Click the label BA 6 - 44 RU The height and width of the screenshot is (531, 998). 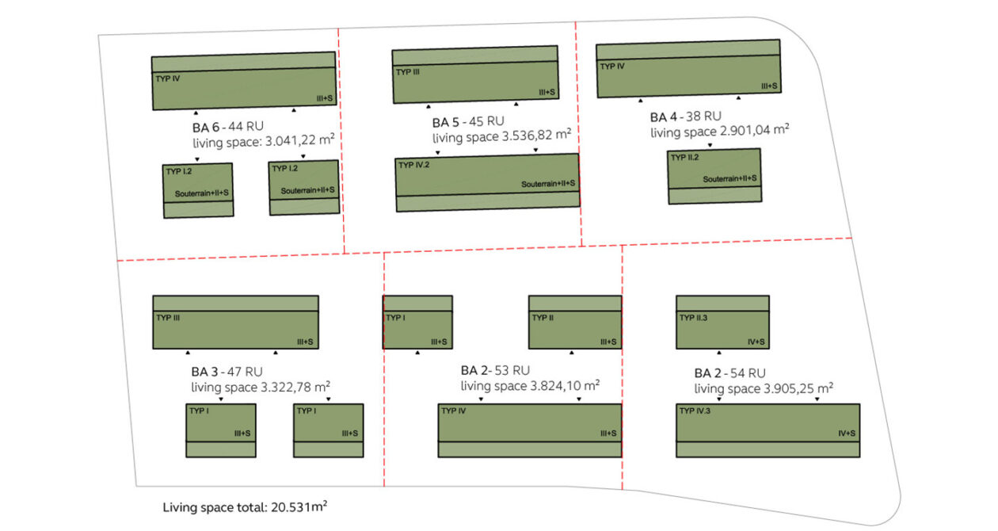tap(228, 127)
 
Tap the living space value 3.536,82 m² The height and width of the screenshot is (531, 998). tap(536, 135)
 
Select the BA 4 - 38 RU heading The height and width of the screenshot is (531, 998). tap(686, 117)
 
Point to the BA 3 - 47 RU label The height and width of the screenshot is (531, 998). tap(227, 372)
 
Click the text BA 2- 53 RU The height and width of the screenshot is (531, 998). tap(496, 370)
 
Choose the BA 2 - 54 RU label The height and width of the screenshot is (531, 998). tap(729, 373)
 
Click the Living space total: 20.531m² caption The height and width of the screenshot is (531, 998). tap(245, 507)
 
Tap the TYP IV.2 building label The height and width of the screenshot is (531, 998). tap(414, 165)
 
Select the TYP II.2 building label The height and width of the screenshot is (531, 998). tap(685, 158)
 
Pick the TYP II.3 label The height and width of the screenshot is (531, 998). tap(693, 318)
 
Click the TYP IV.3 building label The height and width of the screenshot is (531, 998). tap(695, 411)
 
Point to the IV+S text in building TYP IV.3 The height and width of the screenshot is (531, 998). tap(847, 434)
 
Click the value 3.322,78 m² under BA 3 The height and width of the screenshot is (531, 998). tap(295, 387)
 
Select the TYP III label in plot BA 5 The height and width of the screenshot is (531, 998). tap(408, 72)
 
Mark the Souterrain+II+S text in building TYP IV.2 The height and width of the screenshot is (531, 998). tap(548, 184)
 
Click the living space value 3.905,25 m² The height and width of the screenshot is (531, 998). tap(798, 388)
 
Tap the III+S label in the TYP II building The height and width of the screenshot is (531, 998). tap(608, 342)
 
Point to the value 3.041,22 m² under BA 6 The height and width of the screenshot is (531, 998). tap(300, 140)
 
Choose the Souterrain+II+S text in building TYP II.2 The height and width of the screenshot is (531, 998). tap(729, 179)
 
